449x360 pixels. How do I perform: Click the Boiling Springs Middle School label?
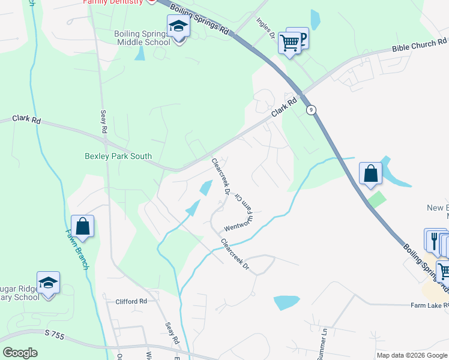[x=142, y=38]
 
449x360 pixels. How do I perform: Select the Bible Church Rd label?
[x=420, y=45]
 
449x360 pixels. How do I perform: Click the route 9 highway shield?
[x=310, y=110]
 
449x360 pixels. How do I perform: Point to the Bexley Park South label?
[x=118, y=157]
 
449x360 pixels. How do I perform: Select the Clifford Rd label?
[x=131, y=301]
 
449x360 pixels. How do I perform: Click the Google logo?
[x=20, y=352]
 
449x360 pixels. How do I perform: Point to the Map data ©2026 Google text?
[x=411, y=355]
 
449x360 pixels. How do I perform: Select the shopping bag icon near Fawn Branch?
[x=82, y=227]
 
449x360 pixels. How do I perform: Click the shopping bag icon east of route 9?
[x=370, y=173]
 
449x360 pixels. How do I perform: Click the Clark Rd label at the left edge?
[x=26, y=121]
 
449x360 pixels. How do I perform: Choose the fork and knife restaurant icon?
[x=433, y=239]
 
